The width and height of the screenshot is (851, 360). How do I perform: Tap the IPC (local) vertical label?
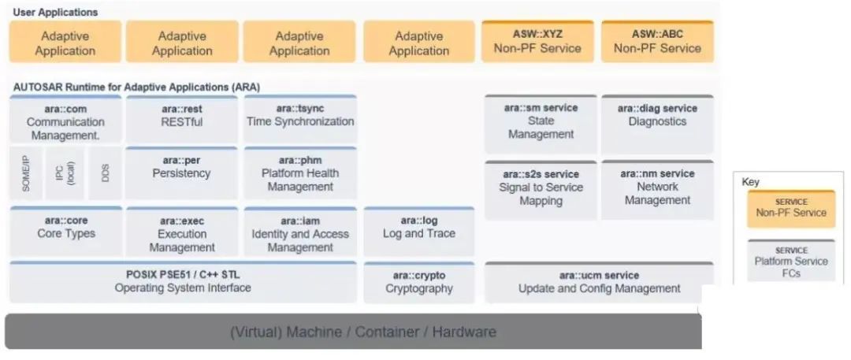click(65, 173)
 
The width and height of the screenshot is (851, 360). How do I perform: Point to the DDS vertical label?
click(106, 173)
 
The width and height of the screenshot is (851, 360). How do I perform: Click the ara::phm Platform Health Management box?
click(299, 173)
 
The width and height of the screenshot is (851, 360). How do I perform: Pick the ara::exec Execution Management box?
click(181, 234)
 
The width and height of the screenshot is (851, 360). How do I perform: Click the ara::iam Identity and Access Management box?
click(299, 234)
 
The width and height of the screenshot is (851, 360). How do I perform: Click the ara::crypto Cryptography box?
click(418, 283)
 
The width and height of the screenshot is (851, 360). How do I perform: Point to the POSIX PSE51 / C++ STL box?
click(182, 282)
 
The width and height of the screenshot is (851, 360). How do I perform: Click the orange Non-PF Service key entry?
click(790, 209)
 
